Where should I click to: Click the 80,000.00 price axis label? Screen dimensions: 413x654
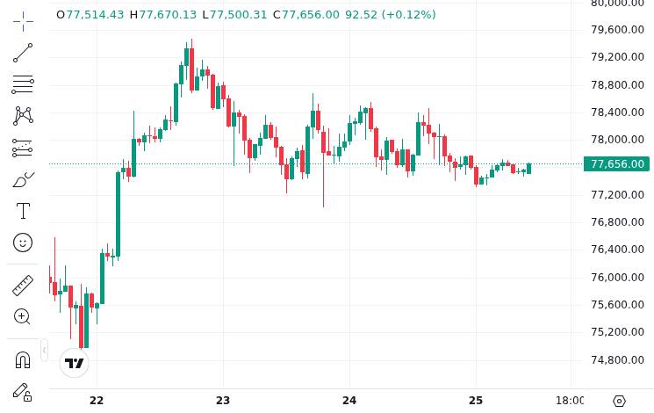tap(618, 3)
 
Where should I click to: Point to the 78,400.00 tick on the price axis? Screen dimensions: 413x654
tap(618, 112)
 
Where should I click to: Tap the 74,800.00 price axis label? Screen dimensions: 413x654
tap(618, 359)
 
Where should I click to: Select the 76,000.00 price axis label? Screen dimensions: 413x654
tap(618, 277)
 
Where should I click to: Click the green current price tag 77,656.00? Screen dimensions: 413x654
tap(616, 164)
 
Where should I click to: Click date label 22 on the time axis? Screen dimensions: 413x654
tap(97, 401)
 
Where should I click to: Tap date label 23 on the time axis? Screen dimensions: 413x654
tap(223, 401)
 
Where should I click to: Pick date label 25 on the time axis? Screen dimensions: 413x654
tap(476, 401)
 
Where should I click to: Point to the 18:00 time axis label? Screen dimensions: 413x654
tap(571, 401)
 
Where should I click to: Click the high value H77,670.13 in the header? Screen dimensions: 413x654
tap(163, 15)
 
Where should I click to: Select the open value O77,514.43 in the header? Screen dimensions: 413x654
tap(90, 15)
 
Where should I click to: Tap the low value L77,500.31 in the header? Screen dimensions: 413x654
tap(234, 15)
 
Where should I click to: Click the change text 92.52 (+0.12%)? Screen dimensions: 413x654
tap(390, 15)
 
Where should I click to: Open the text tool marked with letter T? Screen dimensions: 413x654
tap(23, 211)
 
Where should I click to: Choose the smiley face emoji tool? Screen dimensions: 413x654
tap(23, 243)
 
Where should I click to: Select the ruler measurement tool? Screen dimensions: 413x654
tap(23, 286)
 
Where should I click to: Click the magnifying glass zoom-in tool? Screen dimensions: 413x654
tap(23, 317)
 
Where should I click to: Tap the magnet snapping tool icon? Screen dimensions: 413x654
tap(23, 360)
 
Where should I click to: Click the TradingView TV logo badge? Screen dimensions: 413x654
tap(75, 363)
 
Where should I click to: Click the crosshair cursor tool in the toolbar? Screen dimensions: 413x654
tap(23, 21)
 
